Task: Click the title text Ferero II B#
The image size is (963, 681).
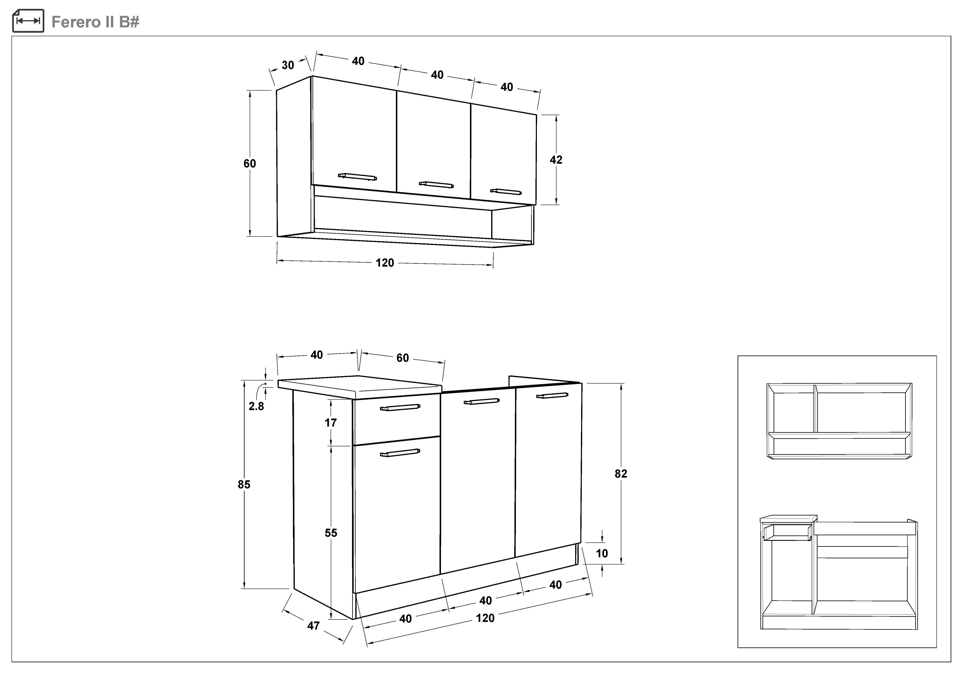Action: click(95, 22)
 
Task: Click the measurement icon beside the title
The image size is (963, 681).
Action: click(28, 21)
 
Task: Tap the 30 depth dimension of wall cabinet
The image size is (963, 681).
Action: click(288, 65)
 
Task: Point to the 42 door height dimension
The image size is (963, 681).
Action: click(556, 160)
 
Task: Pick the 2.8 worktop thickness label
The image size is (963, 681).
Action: click(256, 406)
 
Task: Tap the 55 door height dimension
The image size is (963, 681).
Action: click(331, 533)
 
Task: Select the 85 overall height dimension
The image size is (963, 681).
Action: click(244, 484)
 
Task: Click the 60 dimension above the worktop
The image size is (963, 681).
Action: click(403, 358)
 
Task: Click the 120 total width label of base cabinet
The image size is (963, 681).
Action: click(485, 618)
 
